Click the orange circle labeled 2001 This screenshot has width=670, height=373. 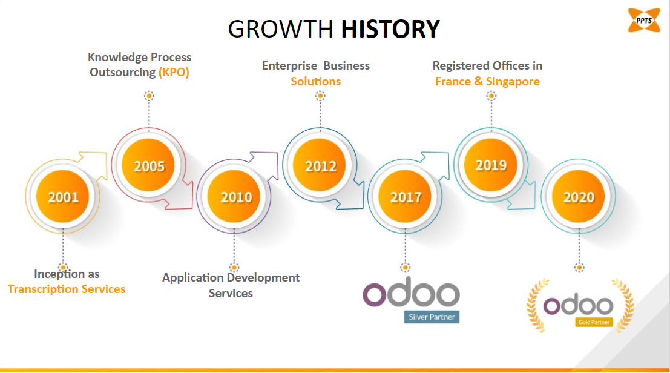pyautogui.click(x=63, y=197)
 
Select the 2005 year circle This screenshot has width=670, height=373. pyautogui.click(x=148, y=165)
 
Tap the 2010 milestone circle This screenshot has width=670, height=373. pyautogui.click(x=234, y=197)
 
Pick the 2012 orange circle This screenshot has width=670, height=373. pyautogui.click(x=320, y=165)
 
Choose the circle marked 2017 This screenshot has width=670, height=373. pyautogui.click(x=405, y=197)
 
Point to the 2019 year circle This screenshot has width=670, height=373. pyautogui.click(x=490, y=165)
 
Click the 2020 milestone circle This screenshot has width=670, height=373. pyautogui.click(x=579, y=197)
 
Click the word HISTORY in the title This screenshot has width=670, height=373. pyautogui.click(x=390, y=29)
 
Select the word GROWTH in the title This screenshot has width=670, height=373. pyautogui.click(x=280, y=29)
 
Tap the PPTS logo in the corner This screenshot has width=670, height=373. pyautogui.click(x=644, y=20)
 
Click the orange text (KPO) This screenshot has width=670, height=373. pyautogui.click(x=174, y=72)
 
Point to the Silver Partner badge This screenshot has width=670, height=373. pyautogui.click(x=432, y=317)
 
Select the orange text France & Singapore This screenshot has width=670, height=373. pyautogui.click(x=487, y=81)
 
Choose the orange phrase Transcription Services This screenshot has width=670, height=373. pyautogui.click(x=67, y=289)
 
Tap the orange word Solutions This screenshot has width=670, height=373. pyautogui.click(x=316, y=81)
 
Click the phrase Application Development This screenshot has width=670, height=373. pyautogui.click(x=231, y=278)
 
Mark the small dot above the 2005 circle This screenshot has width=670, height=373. pyautogui.click(x=149, y=96)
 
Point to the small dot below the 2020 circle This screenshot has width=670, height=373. pyautogui.click(x=579, y=268)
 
